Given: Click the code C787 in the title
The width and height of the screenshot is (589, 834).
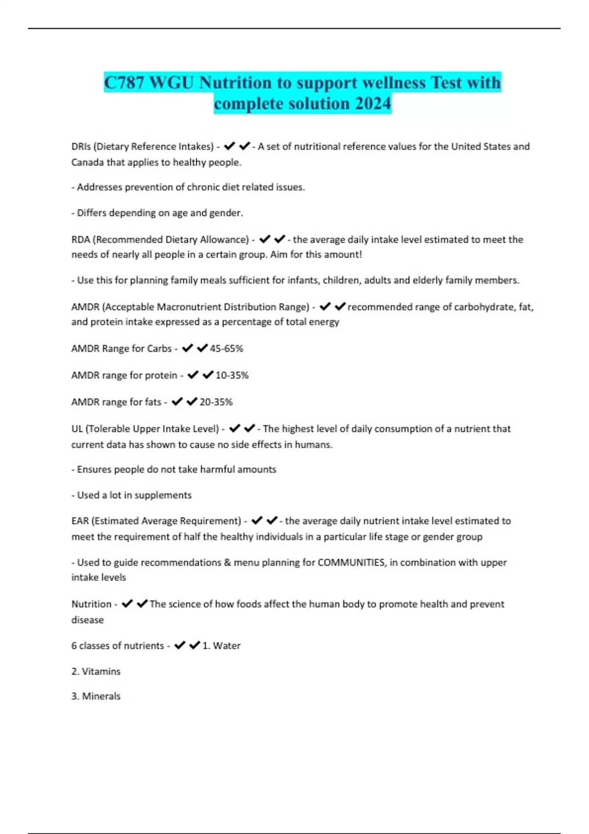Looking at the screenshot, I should (x=124, y=82).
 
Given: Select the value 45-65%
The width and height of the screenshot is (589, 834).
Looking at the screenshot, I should (x=226, y=348).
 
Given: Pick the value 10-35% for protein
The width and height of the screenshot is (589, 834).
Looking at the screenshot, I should (x=232, y=375).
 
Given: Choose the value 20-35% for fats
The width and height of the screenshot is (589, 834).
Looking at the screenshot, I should (x=216, y=402).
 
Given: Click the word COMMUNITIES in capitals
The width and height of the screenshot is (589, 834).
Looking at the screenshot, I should (x=351, y=562).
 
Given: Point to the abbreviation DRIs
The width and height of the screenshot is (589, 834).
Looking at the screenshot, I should (x=80, y=146).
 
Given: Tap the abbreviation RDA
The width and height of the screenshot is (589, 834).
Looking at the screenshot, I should (x=80, y=239).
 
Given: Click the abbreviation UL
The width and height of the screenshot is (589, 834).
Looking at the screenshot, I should (x=77, y=429).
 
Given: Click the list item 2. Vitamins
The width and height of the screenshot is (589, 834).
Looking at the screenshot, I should (x=96, y=671).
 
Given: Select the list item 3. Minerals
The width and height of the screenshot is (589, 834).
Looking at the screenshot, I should (x=96, y=696).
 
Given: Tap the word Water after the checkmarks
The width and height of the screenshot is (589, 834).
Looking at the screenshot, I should (x=227, y=646).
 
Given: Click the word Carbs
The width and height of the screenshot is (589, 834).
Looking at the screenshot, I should (x=159, y=348).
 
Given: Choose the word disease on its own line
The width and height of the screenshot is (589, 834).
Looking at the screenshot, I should (x=87, y=620).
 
